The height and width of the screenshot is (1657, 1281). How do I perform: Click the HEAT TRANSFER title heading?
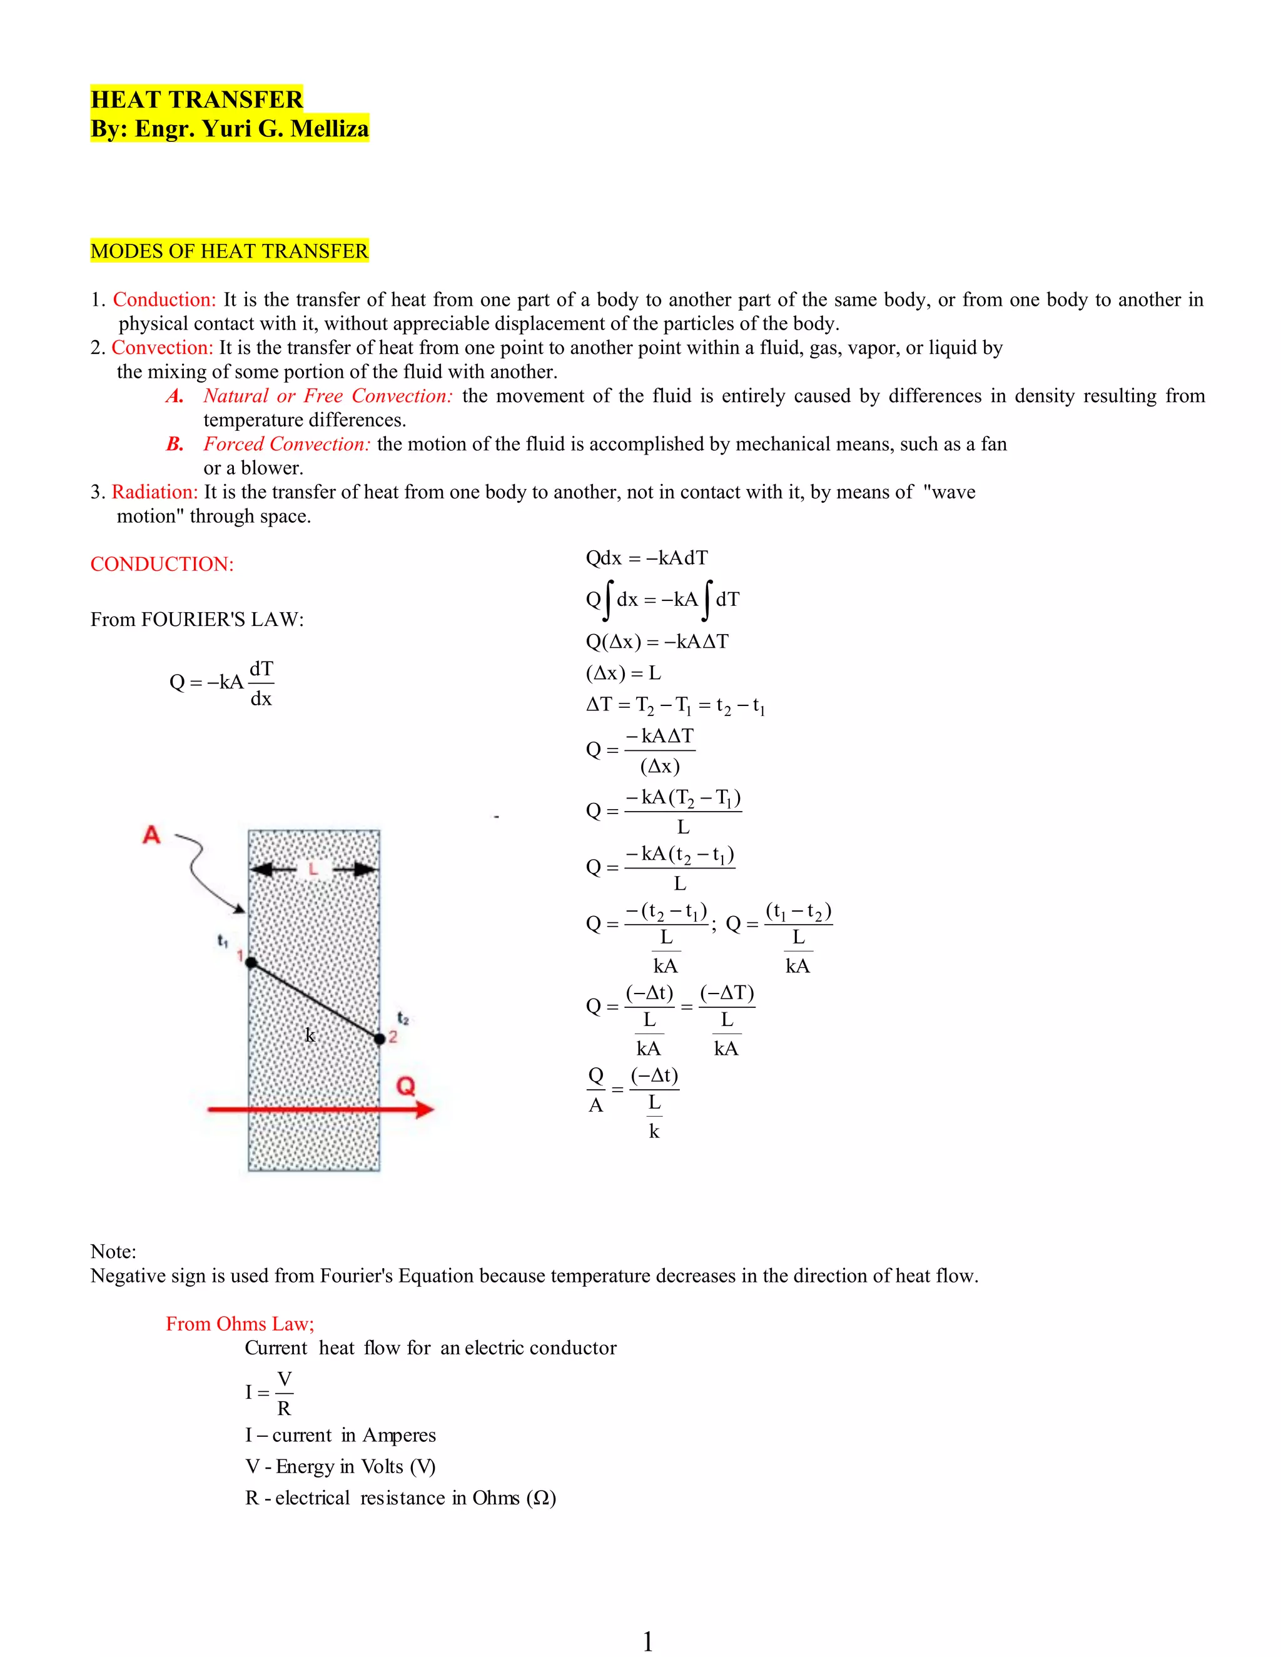click(196, 99)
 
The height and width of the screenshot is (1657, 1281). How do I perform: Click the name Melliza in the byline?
click(330, 129)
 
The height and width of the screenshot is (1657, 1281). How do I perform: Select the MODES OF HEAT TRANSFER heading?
click(229, 251)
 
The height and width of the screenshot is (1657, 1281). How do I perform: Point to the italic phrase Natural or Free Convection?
click(328, 396)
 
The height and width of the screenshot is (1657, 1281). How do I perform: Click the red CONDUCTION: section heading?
click(161, 565)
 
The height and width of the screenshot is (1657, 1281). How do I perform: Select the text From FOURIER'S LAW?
click(196, 620)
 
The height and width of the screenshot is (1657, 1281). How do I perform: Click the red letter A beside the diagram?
click(152, 835)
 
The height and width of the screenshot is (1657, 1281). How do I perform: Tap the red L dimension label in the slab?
click(313, 870)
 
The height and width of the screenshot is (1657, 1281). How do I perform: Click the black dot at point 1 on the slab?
click(251, 963)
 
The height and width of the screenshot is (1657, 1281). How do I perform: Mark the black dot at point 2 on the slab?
click(380, 1039)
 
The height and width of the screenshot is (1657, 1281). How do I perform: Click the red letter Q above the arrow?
click(406, 1087)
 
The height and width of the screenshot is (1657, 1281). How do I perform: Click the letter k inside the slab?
click(310, 1035)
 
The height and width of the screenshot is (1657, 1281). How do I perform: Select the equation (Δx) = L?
click(623, 673)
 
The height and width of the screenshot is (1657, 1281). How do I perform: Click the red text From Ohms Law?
click(240, 1324)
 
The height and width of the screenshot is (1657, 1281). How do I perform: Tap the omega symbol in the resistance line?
click(541, 1498)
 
